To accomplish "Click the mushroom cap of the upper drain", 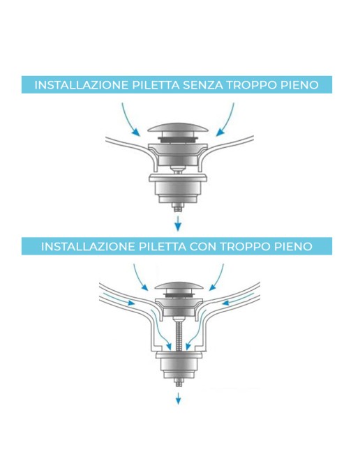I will (x=179, y=130).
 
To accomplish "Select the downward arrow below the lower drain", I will (x=179, y=398).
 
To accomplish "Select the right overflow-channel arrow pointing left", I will (x=234, y=303).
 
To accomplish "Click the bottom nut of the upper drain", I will (x=179, y=208).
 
